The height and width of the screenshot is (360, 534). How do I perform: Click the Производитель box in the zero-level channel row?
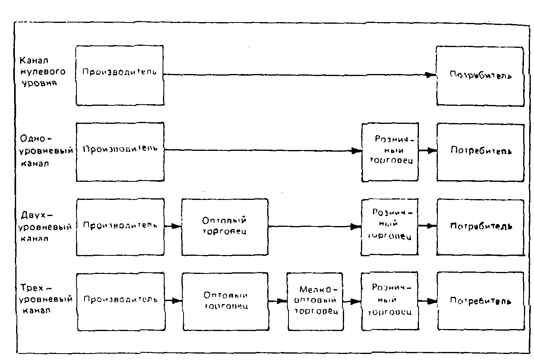tap(120, 75)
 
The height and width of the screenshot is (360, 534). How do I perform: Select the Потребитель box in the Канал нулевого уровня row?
tap(480, 76)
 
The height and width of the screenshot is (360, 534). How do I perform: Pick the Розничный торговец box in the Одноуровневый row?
tap(390, 152)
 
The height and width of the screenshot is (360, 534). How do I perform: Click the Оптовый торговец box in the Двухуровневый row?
tap(225, 226)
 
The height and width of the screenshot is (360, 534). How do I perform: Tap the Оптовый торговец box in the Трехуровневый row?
tap(225, 301)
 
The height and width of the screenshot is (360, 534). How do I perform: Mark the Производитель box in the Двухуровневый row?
tap(120, 226)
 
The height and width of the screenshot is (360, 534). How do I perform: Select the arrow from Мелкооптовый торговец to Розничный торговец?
tap(352, 300)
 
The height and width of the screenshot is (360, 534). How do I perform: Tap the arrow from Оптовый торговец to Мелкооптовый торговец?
tap(277, 300)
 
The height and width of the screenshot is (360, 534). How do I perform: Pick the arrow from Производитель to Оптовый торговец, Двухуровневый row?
tap(173, 226)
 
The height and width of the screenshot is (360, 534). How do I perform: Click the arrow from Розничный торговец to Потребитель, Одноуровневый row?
tap(427, 151)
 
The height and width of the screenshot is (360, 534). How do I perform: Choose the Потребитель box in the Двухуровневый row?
tap(480, 226)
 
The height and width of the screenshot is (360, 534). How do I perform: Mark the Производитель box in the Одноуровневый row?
tap(120, 151)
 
